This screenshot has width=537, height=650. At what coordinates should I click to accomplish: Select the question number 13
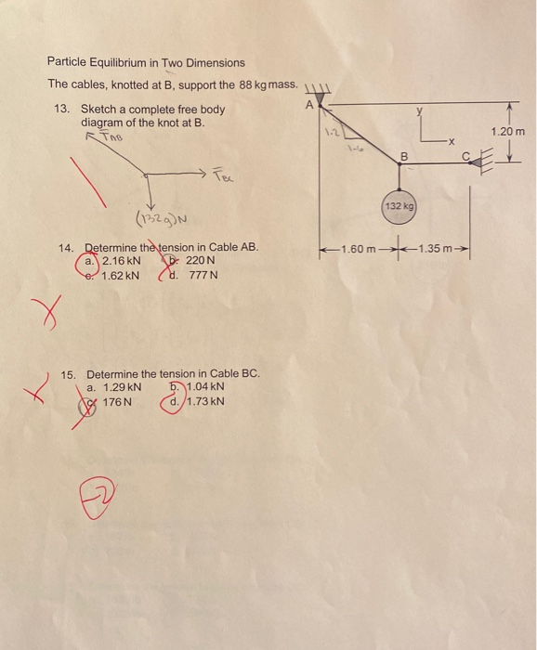pos(63,110)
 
